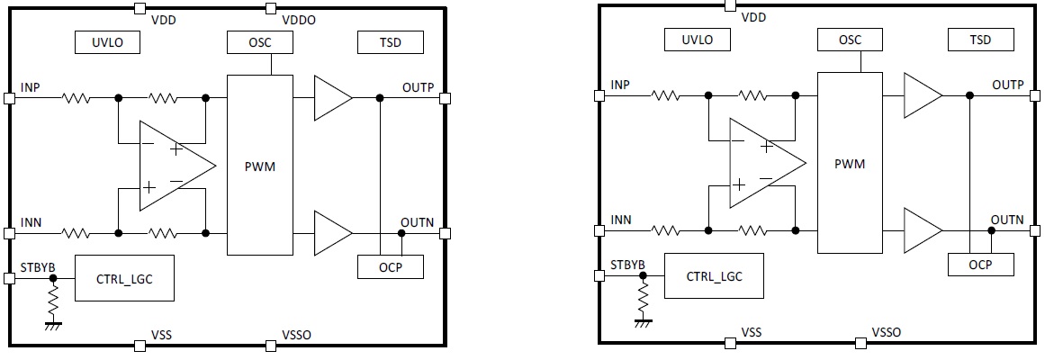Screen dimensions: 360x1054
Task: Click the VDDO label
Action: coord(297,20)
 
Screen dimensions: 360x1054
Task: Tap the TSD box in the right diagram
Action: coord(980,40)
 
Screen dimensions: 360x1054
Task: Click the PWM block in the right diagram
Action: coord(850,165)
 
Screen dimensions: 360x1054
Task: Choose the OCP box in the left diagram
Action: coord(390,266)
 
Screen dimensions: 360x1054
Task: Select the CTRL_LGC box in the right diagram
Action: coord(714,276)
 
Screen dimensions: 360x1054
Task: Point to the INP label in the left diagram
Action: coord(31,87)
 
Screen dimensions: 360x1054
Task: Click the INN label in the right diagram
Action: coord(621,220)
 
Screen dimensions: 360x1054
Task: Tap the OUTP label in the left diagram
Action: coord(417,87)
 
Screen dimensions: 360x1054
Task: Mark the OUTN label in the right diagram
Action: coord(1007,219)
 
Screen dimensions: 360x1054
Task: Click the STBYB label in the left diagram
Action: coord(38,265)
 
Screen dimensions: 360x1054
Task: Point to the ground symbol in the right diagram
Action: coord(644,319)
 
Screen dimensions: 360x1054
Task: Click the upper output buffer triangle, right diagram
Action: coord(921,94)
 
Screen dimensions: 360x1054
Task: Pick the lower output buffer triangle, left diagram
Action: coord(330,232)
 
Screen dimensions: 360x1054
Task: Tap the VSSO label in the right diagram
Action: coord(887,332)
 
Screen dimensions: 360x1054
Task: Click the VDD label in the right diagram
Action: coord(753,18)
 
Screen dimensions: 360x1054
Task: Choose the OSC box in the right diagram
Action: coord(850,40)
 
